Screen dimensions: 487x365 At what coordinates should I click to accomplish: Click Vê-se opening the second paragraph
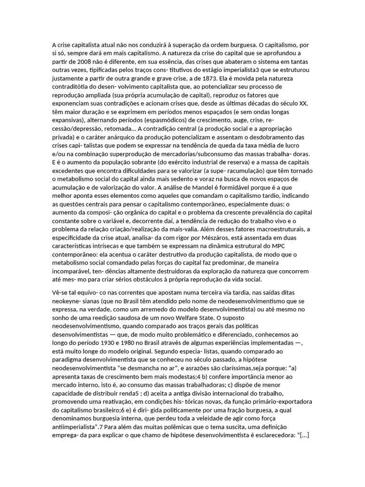(61, 292)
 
